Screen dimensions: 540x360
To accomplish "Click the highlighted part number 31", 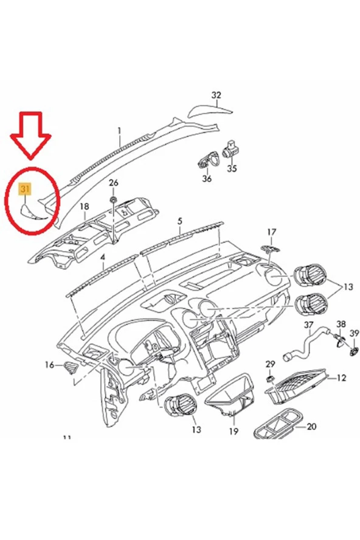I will [25, 189].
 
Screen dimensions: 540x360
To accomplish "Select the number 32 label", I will [216, 95].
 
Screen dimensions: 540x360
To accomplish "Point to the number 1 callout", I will [120, 130].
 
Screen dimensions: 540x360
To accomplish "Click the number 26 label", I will [114, 183].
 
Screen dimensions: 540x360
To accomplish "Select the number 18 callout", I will [85, 207].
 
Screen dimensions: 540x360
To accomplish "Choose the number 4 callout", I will [103, 258].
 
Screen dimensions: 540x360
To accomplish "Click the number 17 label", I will [271, 232].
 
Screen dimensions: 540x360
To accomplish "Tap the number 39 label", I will [355, 333].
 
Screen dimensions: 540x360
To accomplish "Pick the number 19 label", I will [234, 432].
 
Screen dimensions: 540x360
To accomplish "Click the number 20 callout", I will [311, 427].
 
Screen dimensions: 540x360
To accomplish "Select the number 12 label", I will [341, 378].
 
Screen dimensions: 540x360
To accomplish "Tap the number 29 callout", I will [271, 364].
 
